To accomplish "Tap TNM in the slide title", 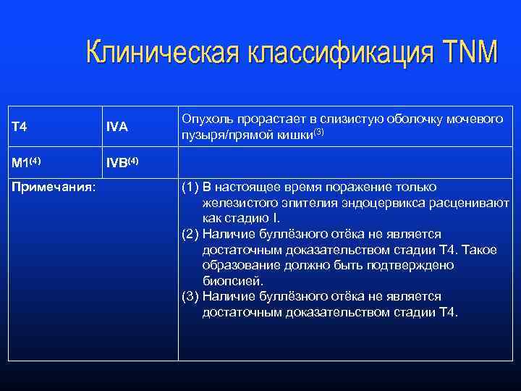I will tap(466, 53).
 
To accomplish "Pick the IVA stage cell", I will tap(117, 127).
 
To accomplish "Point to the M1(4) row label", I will tap(28, 161).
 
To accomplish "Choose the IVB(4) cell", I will tap(122, 161).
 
